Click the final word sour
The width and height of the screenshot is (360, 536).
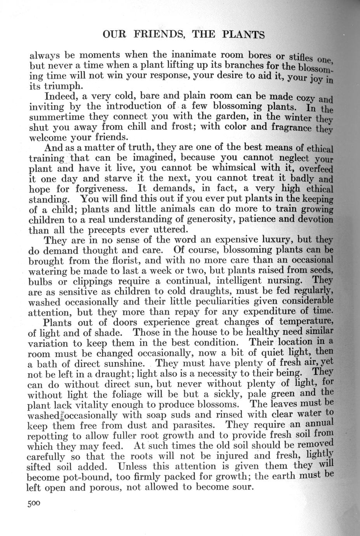pyautogui.click(x=241, y=487)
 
